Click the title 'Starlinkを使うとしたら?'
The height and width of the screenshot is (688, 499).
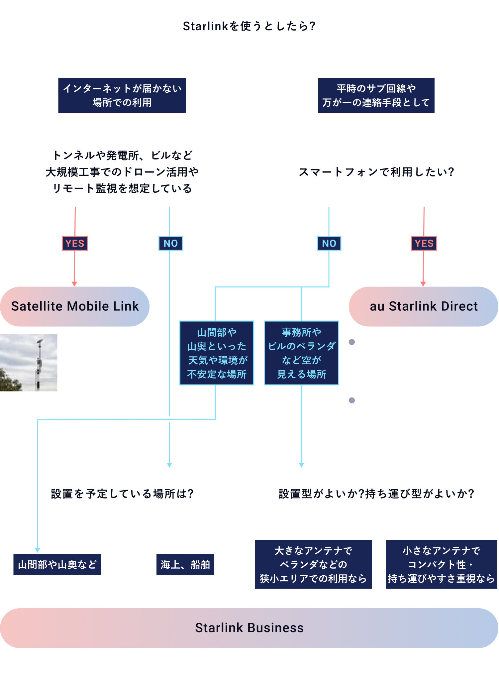(x=249, y=26)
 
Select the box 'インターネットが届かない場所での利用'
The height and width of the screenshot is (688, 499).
(x=122, y=95)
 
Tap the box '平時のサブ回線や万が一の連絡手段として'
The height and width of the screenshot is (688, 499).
(x=376, y=95)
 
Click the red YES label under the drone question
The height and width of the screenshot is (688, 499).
(x=75, y=243)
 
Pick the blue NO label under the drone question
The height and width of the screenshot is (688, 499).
(x=170, y=243)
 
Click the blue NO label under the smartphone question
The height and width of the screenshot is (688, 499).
(x=329, y=243)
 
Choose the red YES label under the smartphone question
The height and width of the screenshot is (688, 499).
(x=424, y=243)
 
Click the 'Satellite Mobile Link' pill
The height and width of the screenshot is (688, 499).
(x=75, y=306)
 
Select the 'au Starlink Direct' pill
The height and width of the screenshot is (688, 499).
(x=424, y=306)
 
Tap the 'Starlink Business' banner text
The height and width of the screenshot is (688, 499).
(x=249, y=628)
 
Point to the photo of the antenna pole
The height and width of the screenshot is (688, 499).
(x=29, y=363)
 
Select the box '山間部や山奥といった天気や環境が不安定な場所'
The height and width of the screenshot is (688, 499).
(x=217, y=353)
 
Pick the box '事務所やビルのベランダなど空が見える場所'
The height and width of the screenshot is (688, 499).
(x=301, y=353)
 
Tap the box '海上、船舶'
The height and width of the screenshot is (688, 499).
(x=185, y=564)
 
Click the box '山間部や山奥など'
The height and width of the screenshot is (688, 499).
(x=57, y=564)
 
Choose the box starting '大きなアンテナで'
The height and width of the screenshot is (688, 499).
(x=313, y=564)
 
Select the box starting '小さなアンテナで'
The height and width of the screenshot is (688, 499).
(x=441, y=564)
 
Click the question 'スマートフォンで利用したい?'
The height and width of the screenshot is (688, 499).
(x=376, y=172)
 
